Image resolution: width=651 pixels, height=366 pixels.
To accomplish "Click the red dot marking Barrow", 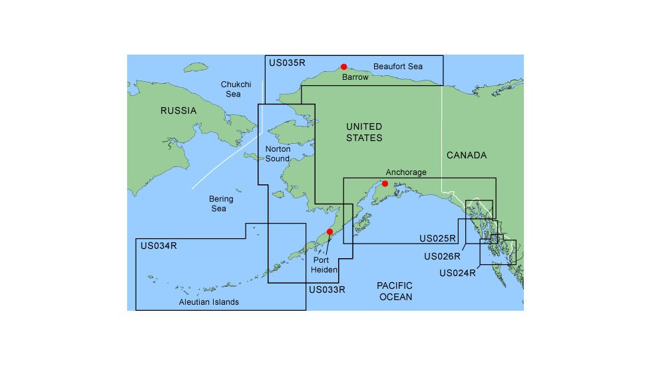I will (343, 67).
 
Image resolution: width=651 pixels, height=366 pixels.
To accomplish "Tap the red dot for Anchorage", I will (385, 184).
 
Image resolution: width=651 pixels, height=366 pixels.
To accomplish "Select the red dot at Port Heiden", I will (329, 232).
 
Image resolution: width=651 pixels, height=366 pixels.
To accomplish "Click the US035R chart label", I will (287, 63).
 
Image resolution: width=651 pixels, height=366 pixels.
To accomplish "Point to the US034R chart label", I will (158, 246).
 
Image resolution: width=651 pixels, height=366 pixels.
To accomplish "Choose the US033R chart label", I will (327, 290).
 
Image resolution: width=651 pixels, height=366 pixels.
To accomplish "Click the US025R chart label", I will (437, 238).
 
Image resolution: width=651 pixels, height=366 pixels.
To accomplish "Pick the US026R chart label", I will (442, 256).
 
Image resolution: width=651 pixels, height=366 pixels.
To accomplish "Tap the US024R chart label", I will (458, 273).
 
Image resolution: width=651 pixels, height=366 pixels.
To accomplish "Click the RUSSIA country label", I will (178, 110).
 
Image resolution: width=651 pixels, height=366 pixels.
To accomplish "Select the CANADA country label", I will (467, 155).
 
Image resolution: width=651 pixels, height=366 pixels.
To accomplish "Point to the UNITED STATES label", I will (364, 132).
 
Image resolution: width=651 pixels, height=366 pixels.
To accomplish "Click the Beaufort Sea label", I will (398, 67).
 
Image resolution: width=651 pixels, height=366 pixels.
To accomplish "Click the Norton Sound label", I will (278, 154).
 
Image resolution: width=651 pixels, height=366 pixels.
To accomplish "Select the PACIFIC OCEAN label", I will (395, 291).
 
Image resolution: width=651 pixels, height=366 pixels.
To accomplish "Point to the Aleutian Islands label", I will (209, 302).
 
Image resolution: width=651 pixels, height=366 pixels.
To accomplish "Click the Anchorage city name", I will (406, 172).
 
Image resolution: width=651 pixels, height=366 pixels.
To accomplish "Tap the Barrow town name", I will (355, 77).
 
